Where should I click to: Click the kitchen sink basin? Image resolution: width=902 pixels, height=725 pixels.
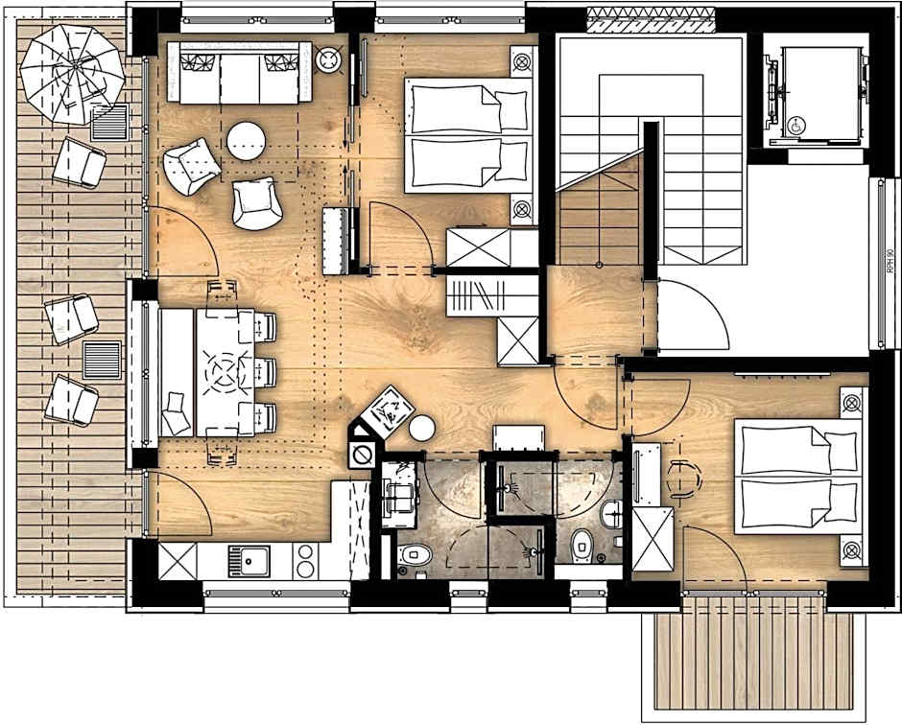[248, 560]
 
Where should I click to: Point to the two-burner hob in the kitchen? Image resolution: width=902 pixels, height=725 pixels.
[305, 561]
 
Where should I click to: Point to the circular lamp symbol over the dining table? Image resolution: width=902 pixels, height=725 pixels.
[228, 368]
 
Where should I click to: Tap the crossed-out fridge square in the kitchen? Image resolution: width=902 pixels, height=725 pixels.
[177, 560]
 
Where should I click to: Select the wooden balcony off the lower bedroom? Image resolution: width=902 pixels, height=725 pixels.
[753, 662]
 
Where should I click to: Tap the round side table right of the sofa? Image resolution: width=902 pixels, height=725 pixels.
[329, 60]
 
